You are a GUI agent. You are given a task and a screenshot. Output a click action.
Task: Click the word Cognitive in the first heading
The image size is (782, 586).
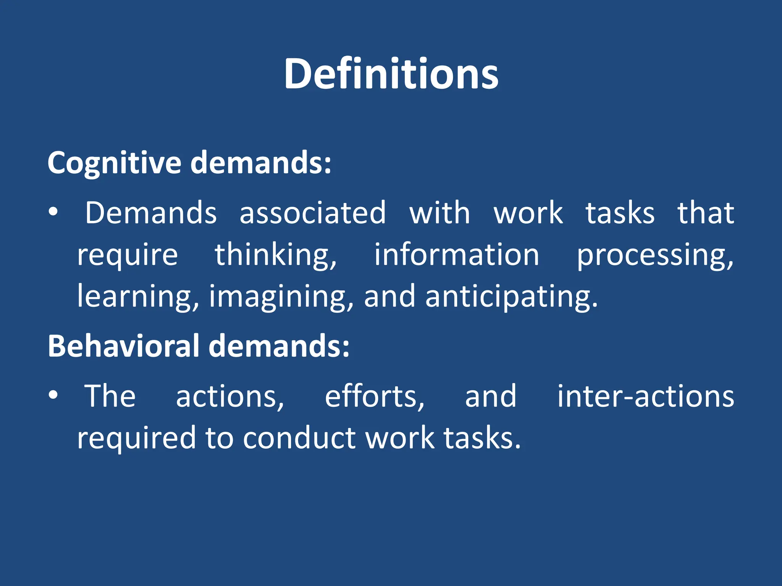coord(114,163)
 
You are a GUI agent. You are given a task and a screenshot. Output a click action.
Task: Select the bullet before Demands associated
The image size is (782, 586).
coord(53,212)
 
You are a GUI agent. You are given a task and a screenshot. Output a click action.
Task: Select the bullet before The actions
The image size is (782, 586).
coord(53,395)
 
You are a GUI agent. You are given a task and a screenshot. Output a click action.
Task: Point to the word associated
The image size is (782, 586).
coord(313,213)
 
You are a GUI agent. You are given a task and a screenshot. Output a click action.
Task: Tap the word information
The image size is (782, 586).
coord(456,255)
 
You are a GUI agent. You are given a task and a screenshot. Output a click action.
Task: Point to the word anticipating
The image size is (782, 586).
coord(511,296)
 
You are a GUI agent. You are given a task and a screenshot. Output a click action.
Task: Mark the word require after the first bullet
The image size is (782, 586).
coord(128,255)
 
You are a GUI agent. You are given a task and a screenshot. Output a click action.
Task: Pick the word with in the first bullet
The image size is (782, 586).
coord(439,213)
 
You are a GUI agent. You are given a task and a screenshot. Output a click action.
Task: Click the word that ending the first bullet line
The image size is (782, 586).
coord(706,213)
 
